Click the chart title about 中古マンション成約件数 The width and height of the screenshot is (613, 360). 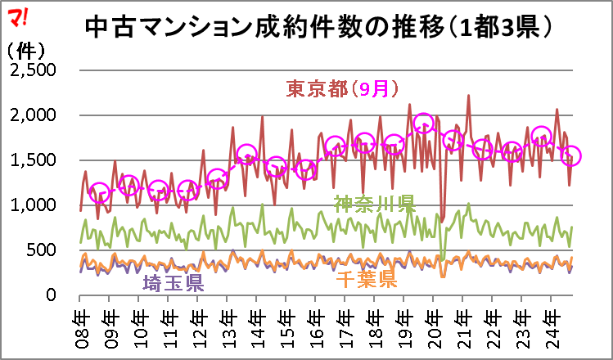pos(319,28)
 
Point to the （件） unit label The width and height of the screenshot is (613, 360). pos(26,50)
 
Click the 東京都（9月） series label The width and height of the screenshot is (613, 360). pos(342,89)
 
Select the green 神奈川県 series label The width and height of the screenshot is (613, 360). pos(375,204)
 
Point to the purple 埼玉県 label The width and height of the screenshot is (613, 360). pos(174,283)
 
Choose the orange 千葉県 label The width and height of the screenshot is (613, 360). pos(367,279)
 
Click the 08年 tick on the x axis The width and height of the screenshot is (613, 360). pos(80,326)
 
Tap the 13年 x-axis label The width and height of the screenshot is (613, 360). pos(228,326)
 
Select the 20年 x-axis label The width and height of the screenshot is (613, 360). pos(434,326)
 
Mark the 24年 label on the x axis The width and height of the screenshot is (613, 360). pos(552,326)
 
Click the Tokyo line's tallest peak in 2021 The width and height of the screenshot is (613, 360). pos(468,96)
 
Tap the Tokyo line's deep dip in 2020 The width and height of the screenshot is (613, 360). pos(442,222)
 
